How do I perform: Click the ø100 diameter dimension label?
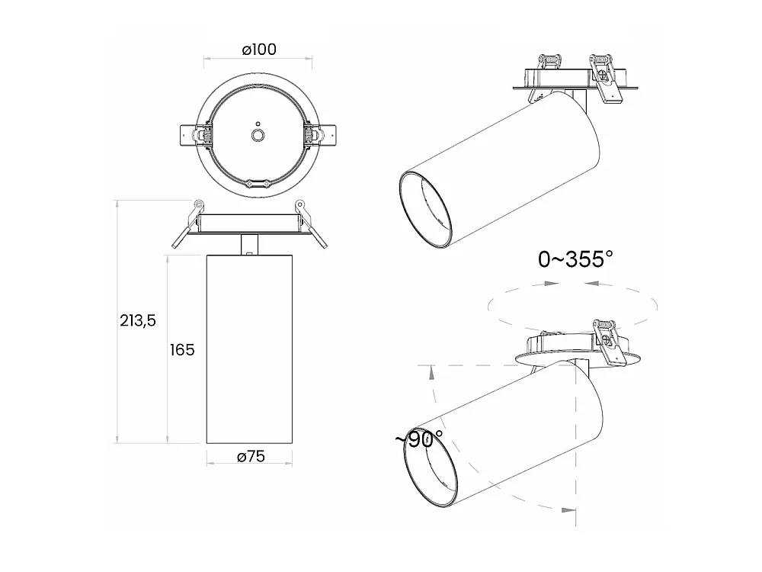[259, 50]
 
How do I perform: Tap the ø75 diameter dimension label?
[251, 456]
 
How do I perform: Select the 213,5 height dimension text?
[137, 320]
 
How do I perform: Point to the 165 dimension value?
[182, 350]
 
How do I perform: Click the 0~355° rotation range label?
[575, 259]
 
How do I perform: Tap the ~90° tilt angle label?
[419, 439]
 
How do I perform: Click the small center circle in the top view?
[258, 135]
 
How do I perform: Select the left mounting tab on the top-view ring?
[193, 135]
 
